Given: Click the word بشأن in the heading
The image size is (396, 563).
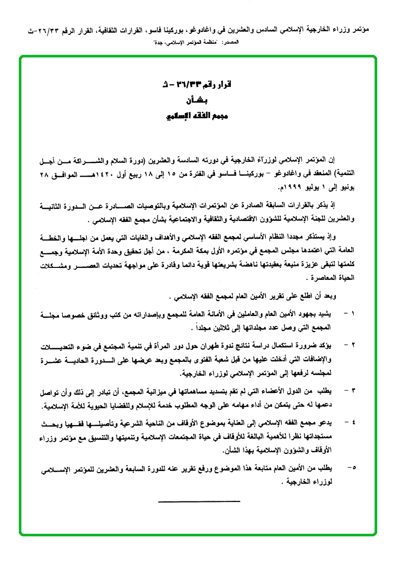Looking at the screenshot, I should click(x=197, y=100).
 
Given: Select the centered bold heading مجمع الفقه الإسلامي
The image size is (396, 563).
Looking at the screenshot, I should click(x=197, y=115).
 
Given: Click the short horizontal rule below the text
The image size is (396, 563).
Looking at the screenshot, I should click(x=199, y=501).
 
